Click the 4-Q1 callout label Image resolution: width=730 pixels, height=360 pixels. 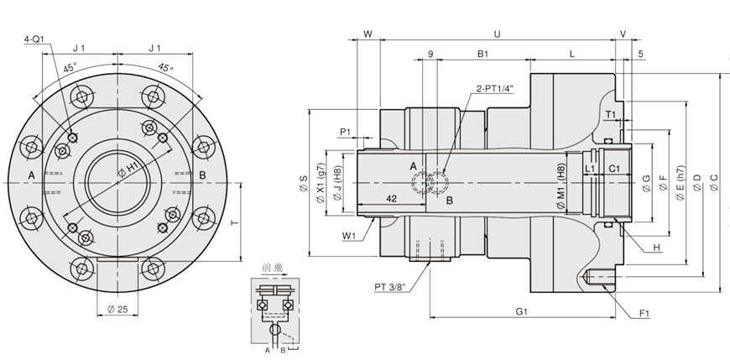pos(34,39)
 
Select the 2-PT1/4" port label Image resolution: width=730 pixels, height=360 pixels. pos(494,88)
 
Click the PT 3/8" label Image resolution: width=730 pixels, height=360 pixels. pos(390,287)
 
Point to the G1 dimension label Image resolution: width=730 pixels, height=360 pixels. pos(520,311)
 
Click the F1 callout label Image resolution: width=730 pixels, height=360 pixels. pos(645,314)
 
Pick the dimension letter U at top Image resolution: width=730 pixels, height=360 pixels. pos(497,34)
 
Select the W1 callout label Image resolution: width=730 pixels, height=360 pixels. pos(350,236)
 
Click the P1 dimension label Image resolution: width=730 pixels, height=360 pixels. pos(347,132)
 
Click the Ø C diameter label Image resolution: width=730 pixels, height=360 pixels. pos(714,182)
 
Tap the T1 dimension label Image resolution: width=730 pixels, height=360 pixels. pos(611,114)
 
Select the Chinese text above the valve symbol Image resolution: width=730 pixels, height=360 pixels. pos(273,267)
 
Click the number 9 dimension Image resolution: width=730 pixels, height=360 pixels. pos(430,55)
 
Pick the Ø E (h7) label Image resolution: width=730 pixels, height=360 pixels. pos(680,182)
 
